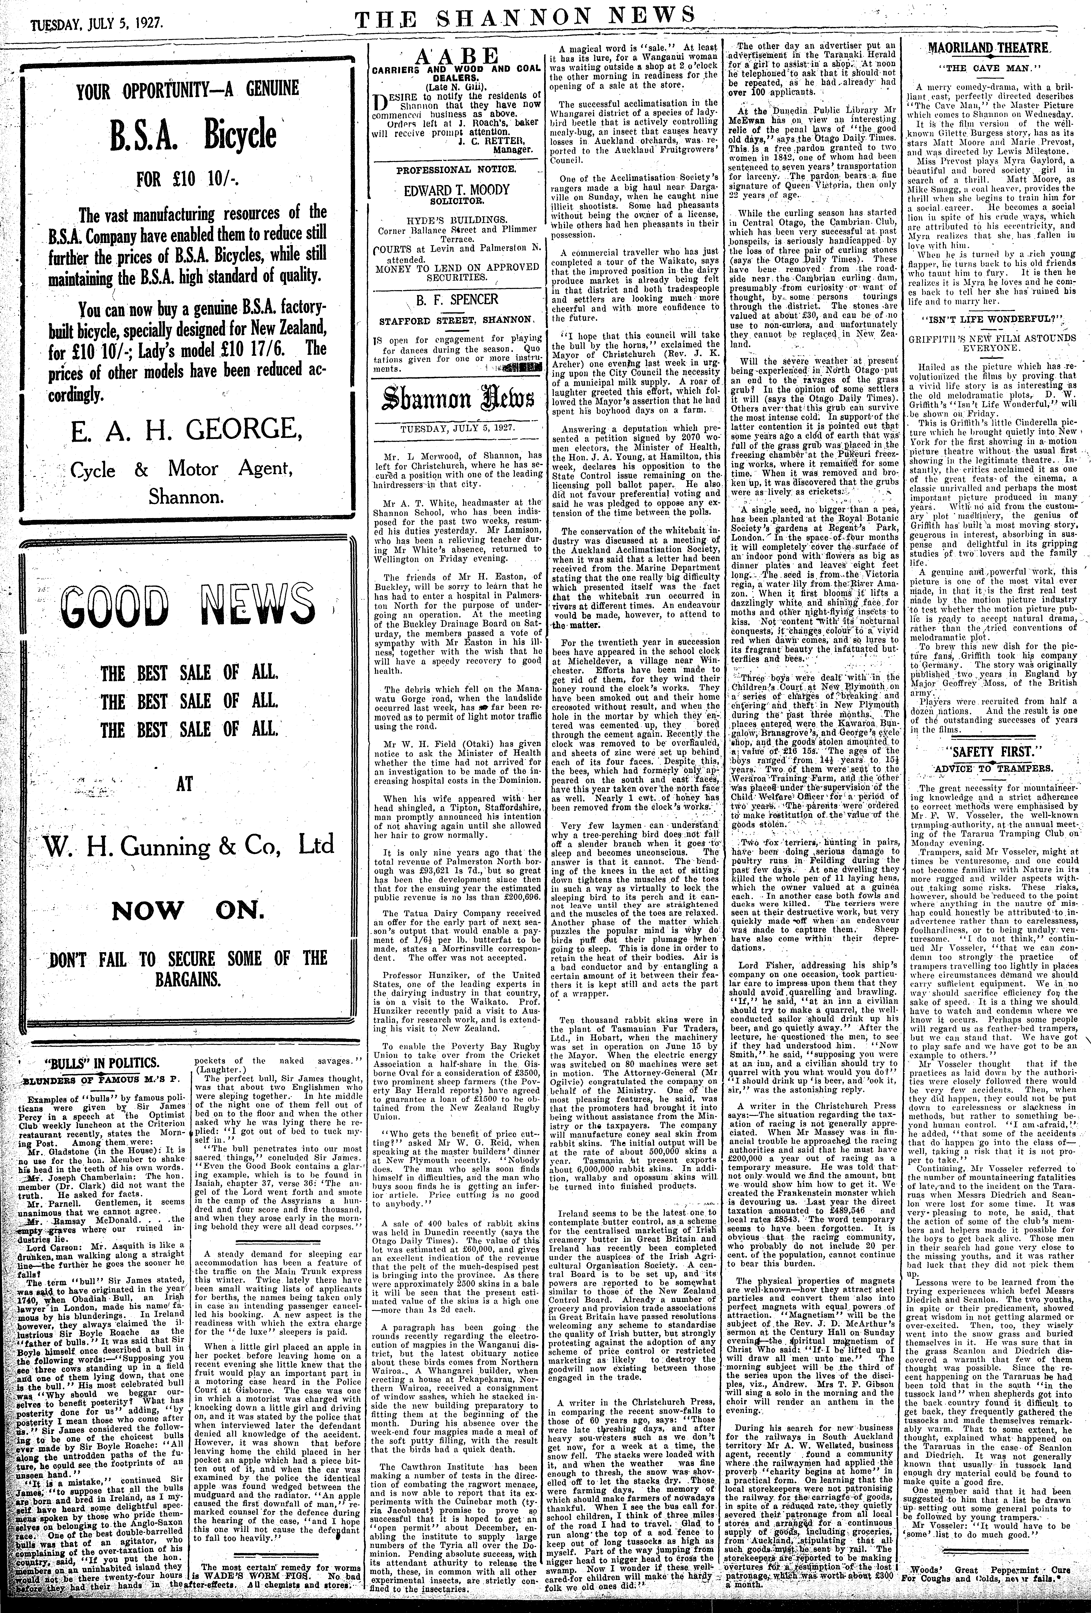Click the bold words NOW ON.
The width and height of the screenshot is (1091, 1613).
pos(184,909)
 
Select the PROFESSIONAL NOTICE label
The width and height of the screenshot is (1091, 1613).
pos(456,169)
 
